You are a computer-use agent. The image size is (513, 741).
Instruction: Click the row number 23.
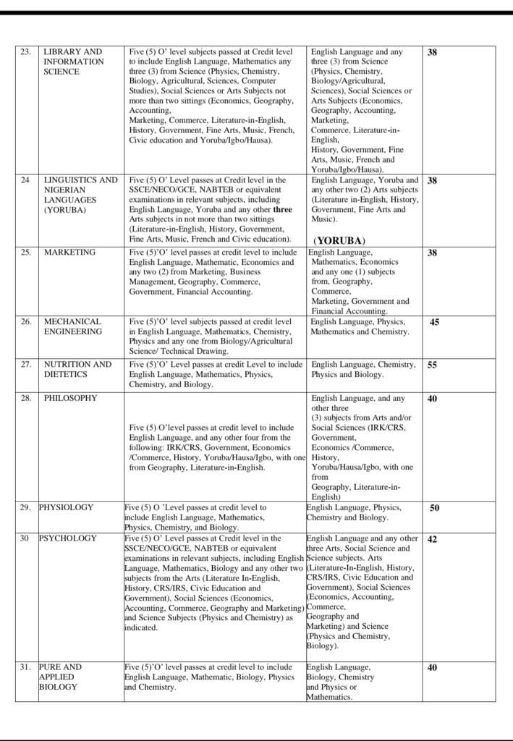(x=25, y=52)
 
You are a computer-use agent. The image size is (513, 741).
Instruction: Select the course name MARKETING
(x=69, y=253)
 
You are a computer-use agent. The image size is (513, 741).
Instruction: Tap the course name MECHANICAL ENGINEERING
(x=72, y=326)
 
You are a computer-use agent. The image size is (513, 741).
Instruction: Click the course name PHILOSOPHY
(x=70, y=398)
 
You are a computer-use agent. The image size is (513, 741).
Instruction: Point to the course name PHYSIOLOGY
(x=66, y=507)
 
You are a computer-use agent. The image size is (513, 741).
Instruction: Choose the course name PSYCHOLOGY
(x=67, y=538)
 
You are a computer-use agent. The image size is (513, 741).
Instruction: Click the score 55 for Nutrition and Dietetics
(x=432, y=365)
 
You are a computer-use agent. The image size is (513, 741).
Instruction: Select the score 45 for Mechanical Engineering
(x=434, y=323)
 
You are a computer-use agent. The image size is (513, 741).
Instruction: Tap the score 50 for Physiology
(x=434, y=508)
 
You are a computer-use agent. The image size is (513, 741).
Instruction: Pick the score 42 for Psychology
(x=432, y=539)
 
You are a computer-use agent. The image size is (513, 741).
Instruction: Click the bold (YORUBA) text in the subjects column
(x=339, y=240)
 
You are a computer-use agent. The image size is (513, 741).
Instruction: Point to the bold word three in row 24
(x=283, y=210)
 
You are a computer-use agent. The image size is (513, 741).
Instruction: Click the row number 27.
(x=26, y=365)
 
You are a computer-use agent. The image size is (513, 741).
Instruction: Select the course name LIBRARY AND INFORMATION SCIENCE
(x=74, y=62)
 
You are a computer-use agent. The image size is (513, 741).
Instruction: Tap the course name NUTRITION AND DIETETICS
(x=77, y=370)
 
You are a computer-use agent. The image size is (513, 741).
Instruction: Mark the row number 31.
(x=26, y=667)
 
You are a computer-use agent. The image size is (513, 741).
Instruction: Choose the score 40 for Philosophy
(x=432, y=399)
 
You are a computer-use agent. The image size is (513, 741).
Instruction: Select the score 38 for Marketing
(x=432, y=253)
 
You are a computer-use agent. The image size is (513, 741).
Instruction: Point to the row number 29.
(x=26, y=507)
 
